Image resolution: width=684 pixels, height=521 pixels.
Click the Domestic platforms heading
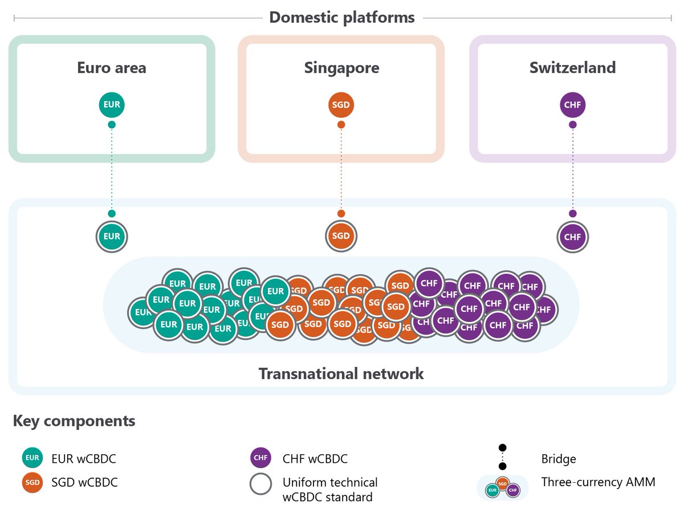[341, 17]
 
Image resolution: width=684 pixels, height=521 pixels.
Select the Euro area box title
[112, 68]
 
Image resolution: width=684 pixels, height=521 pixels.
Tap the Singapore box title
[341, 68]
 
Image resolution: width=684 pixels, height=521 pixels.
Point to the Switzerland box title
[572, 68]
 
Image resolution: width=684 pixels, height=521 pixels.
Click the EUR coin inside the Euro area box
[112, 105]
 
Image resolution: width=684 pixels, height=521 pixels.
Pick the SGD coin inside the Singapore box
[341, 105]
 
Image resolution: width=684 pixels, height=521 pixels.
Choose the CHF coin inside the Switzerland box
[572, 105]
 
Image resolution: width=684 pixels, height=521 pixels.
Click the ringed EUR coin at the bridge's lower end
[112, 236]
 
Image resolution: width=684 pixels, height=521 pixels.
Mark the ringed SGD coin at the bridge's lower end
[341, 236]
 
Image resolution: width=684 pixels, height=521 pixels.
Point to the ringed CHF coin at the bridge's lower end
[572, 236]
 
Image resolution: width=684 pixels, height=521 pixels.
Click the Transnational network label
[341, 374]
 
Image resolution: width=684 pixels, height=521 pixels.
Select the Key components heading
[74, 421]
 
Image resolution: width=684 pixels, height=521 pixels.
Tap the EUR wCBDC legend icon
[32, 458]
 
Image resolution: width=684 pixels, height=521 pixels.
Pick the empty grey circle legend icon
[261, 484]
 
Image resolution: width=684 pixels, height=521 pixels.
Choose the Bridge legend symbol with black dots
[502, 458]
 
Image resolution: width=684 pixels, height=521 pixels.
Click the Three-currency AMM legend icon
[502, 487]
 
